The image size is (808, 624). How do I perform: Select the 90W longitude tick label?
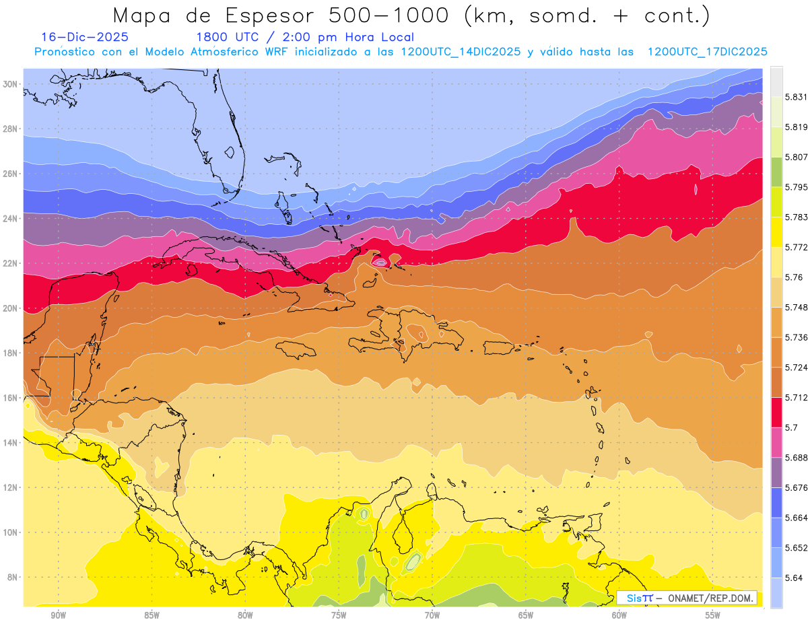click(x=58, y=615)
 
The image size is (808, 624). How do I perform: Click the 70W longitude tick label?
click(x=432, y=615)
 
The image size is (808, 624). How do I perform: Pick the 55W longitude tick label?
click(x=713, y=615)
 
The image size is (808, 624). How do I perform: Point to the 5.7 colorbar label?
click(x=791, y=427)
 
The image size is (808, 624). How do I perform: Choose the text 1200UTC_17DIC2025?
click(x=707, y=52)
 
